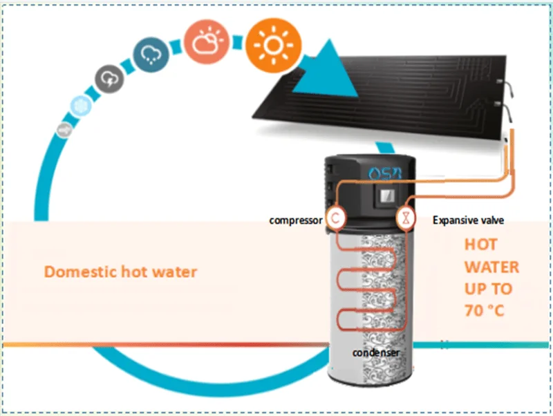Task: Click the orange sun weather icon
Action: [x=273, y=46]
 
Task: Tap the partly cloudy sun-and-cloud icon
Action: [x=207, y=41]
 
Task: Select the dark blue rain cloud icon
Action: [x=151, y=55]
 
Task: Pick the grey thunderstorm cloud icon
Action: [x=109, y=79]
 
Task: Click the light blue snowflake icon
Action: [x=81, y=106]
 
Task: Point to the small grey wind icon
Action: [x=64, y=130]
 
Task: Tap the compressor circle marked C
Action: [x=335, y=218]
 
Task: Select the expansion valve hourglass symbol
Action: [x=406, y=218]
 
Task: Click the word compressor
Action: [x=296, y=220]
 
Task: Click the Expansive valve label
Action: [x=469, y=220]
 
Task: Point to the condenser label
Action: [x=376, y=352]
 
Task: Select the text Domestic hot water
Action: [x=120, y=272]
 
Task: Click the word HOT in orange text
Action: [x=481, y=245]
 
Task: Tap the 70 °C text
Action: [x=485, y=310]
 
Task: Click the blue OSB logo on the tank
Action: [x=385, y=173]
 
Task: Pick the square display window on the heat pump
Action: [x=387, y=196]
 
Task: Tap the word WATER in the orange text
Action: [x=491, y=267]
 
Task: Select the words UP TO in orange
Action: [x=488, y=289]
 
